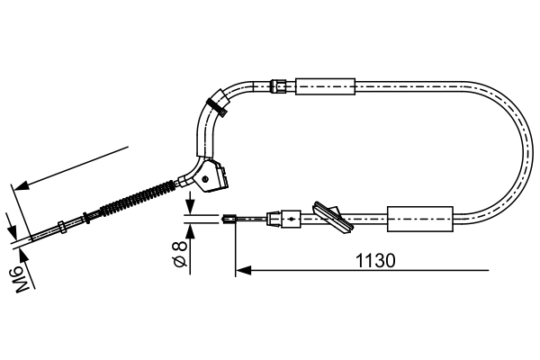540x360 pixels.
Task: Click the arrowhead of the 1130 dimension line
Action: (241, 268)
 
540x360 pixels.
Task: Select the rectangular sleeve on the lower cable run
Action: (418, 218)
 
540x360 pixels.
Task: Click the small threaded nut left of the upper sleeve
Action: (280, 86)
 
